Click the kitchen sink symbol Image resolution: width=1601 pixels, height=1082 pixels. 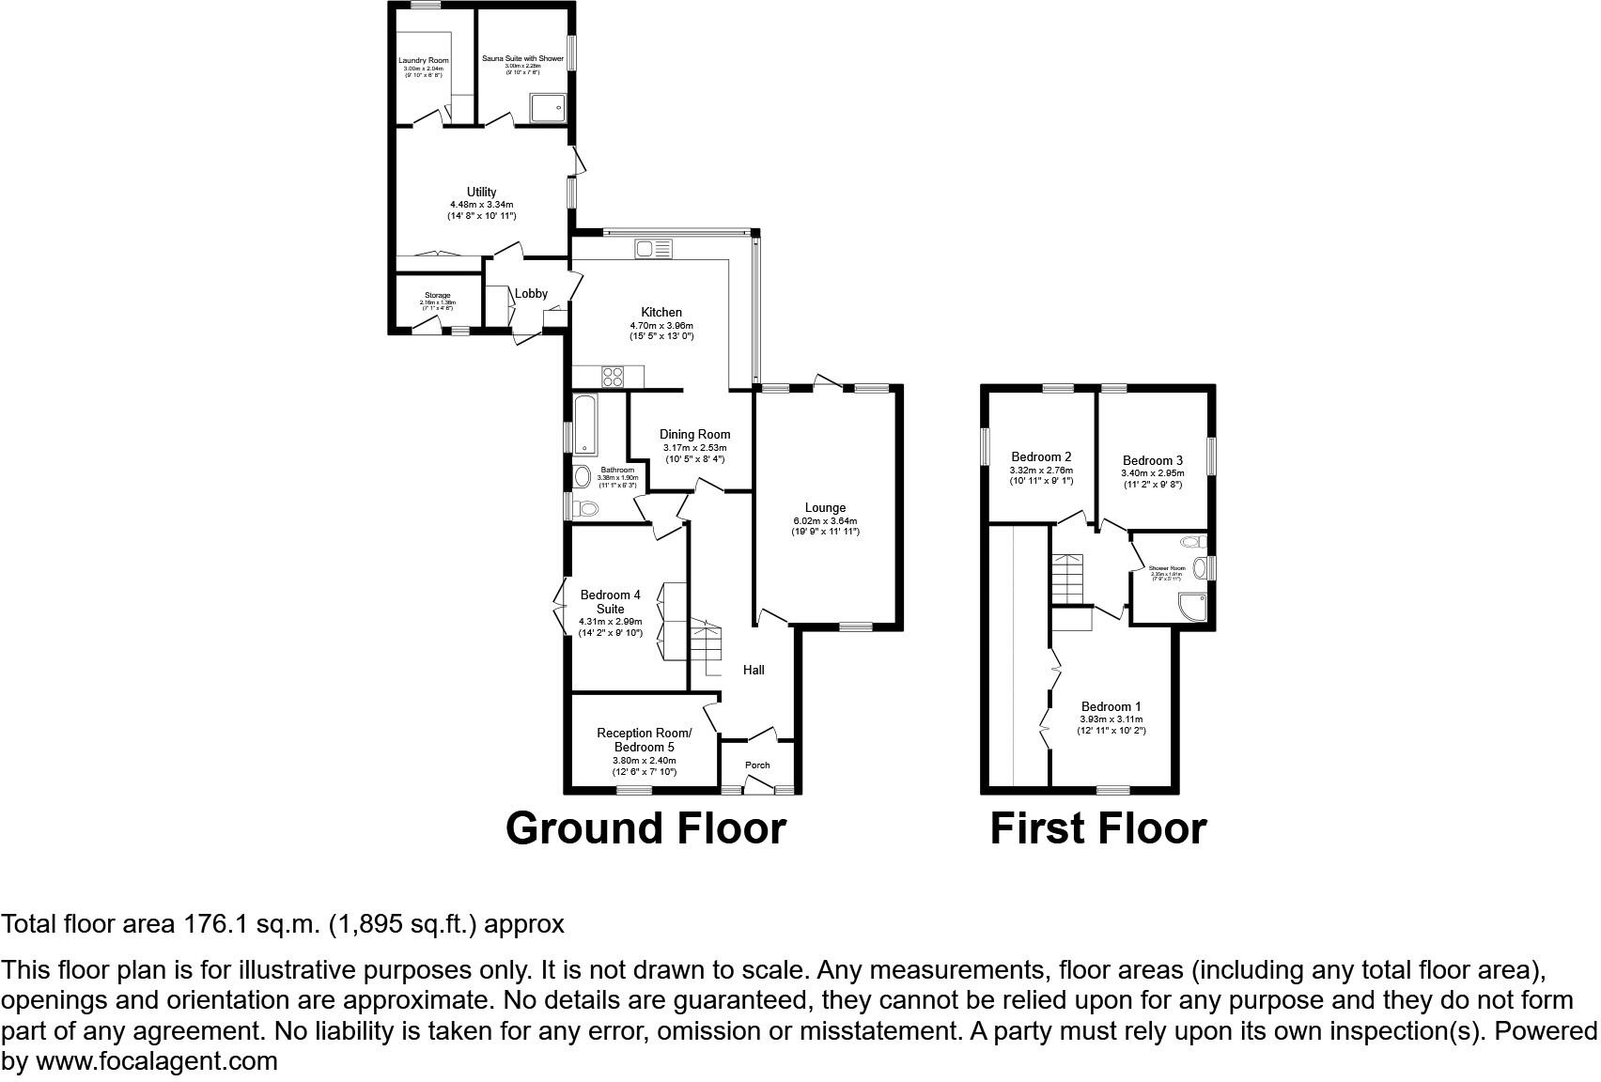click(653, 249)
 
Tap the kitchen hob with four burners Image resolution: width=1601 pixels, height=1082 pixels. click(613, 376)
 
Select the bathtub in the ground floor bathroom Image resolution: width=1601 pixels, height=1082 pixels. click(583, 425)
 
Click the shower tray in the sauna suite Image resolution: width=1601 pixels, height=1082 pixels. click(548, 108)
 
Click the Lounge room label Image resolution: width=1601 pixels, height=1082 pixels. click(825, 508)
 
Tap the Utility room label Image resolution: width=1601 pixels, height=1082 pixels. click(481, 193)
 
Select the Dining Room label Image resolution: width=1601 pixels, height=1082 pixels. click(694, 434)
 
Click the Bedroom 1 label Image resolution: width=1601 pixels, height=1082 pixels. click(1111, 706)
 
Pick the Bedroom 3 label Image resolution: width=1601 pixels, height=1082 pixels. click(1152, 460)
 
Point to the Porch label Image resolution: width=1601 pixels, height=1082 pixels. click(757, 765)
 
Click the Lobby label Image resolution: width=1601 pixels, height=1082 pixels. click(531, 293)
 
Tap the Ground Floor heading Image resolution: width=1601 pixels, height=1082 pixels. click(645, 828)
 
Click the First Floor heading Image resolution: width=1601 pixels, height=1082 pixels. click(1097, 828)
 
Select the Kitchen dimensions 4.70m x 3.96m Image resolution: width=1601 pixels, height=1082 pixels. click(661, 325)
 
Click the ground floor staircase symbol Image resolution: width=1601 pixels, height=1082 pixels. click(707, 643)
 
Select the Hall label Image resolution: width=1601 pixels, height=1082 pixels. click(754, 670)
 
